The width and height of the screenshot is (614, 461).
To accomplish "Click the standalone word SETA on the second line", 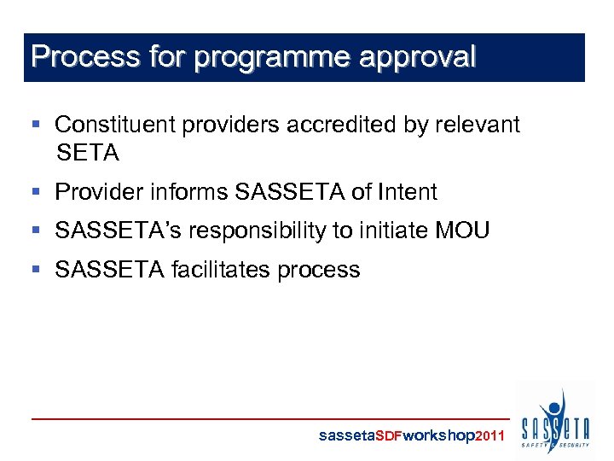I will click(87, 154).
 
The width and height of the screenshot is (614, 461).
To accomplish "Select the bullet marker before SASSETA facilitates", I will click(36, 270).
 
